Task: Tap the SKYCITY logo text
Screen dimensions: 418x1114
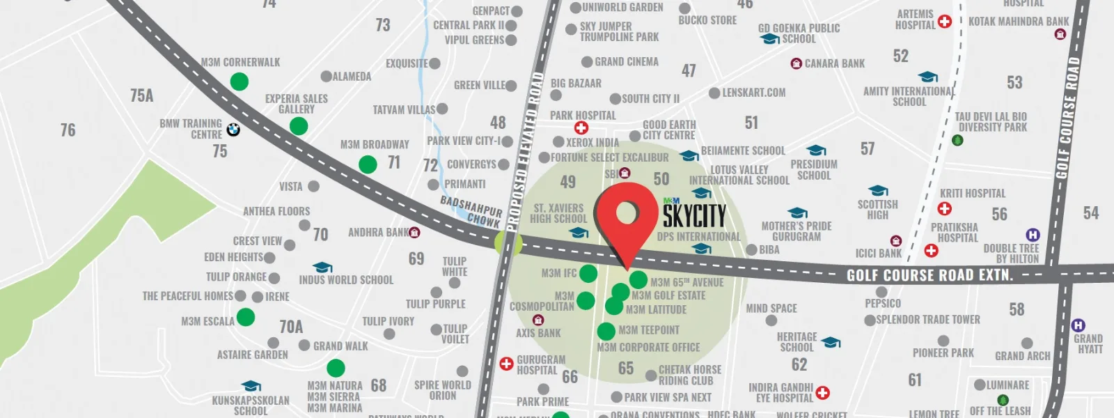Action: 694,216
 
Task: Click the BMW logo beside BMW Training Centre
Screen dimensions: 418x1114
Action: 233,130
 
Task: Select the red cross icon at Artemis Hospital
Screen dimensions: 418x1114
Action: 945,22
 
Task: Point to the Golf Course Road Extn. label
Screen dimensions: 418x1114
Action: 929,275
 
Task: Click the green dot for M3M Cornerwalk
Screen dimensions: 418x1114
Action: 239,82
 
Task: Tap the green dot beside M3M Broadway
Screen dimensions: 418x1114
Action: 368,164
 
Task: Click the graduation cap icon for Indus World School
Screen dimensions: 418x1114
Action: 322,268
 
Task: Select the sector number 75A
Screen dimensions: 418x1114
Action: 141,95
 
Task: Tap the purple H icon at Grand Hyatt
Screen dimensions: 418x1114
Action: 1078,325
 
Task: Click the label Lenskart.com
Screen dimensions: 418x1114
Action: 753,93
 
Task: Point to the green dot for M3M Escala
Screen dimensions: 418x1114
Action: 246,317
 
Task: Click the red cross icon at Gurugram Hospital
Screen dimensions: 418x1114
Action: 506,364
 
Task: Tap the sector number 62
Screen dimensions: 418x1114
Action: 799,364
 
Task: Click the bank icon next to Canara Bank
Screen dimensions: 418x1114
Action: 797,63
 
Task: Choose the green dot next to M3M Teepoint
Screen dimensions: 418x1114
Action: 606,331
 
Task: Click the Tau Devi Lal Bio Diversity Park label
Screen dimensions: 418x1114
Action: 991,122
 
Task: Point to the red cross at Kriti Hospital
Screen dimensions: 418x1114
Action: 945,208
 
